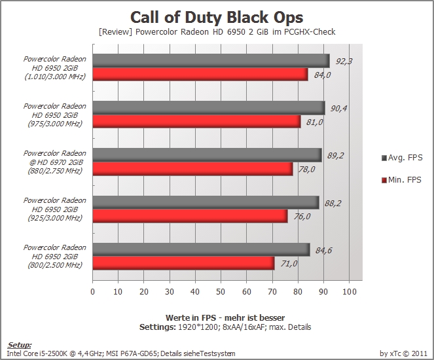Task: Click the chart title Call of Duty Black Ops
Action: pyautogui.click(x=217, y=18)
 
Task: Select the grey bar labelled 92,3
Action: pyautogui.click(x=211, y=61)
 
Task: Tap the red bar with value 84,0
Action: pyautogui.click(x=200, y=74)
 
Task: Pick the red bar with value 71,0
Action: pyautogui.click(x=183, y=263)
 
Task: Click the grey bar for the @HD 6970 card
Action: pyautogui.click(x=208, y=155)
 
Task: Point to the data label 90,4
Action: pyautogui.click(x=339, y=108)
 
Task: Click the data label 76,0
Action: pyautogui.click(x=302, y=216)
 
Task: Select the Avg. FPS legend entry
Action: pyautogui.click(x=402, y=158)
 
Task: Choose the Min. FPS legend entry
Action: pyautogui.click(x=401, y=180)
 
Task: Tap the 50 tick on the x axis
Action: pyautogui.click(x=221, y=292)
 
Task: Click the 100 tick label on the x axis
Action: pyautogui.click(x=350, y=292)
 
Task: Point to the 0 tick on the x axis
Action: pyautogui.click(x=93, y=292)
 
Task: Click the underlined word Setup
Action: pyautogui.click(x=19, y=345)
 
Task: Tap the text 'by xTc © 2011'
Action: pyautogui.click(x=403, y=353)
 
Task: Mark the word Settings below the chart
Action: pyautogui.click(x=158, y=327)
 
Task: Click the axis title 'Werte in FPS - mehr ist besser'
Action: pyautogui.click(x=225, y=317)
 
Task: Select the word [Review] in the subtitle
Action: pyautogui.click(x=116, y=32)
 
